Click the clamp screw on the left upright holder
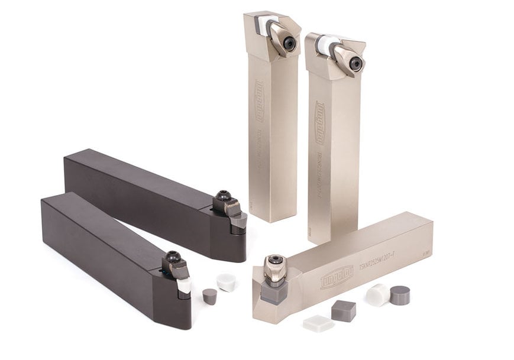[289, 43]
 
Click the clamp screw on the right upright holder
[355, 63]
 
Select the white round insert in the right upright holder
[328, 45]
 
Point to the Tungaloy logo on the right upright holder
[320, 123]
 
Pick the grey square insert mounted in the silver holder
[274, 291]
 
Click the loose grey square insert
[343, 310]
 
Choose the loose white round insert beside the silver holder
[377, 294]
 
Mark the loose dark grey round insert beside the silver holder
[400, 294]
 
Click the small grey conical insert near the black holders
[209, 296]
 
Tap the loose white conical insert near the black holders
[226, 282]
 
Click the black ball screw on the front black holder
[173, 257]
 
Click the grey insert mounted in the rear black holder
[239, 221]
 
